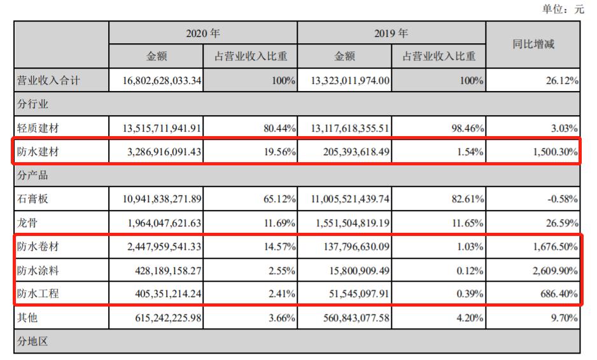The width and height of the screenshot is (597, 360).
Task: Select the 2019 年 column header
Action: click(x=391, y=33)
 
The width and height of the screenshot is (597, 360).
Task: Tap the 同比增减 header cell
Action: click(x=533, y=45)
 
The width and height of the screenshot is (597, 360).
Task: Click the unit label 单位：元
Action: click(x=562, y=9)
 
